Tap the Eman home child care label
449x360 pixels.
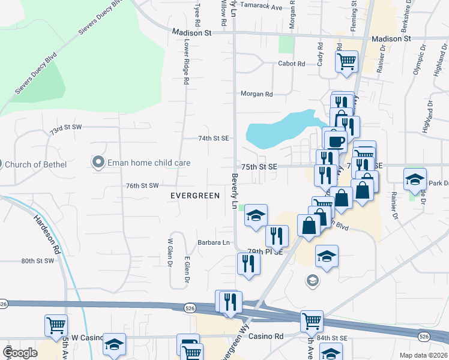[149, 163]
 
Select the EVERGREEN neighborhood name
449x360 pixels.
[194, 196]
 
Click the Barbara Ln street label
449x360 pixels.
[214, 243]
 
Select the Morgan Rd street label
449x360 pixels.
[256, 94]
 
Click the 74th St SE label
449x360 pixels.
[214, 138]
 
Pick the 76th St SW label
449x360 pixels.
[142, 186]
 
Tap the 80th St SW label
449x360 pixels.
[38, 261]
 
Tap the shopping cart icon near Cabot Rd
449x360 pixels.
[346, 61]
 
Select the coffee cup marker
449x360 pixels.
[336, 141]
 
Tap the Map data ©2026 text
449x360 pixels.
[423, 355]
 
